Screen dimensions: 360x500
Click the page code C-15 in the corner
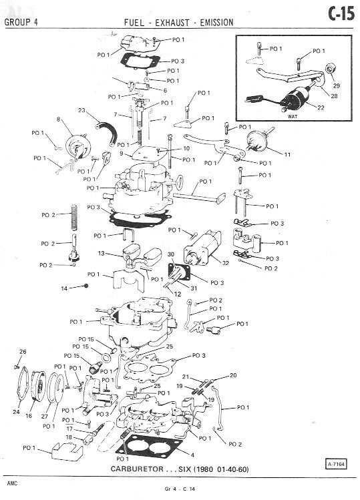[x=341, y=14]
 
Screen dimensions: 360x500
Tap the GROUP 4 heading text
[x=21, y=22]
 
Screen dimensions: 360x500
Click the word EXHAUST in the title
[x=172, y=23]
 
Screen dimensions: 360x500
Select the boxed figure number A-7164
[x=336, y=464]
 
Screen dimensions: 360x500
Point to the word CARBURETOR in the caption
[x=137, y=469]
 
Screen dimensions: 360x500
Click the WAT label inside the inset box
[x=293, y=116]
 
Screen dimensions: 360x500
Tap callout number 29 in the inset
[x=337, y=85]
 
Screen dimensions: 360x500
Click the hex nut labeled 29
[x=329, y=68]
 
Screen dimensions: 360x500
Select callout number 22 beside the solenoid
[x=321, y=107]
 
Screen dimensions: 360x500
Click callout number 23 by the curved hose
[x=81, y=110]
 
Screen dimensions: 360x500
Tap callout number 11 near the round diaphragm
[x=287, y=155]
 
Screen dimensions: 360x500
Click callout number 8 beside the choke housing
[x=58, y=119]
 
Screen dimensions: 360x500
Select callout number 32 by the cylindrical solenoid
[x=226, y=263]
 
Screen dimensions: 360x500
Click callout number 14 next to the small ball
[x=64, y=288]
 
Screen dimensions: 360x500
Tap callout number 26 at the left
[x=23, y=351]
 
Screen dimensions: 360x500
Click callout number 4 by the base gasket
[x=192, y=455]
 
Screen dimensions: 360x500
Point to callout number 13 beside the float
[x=101, y=253]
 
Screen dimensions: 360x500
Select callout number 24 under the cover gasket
[x=16, y=412]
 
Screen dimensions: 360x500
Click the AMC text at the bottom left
[x=12, y=483]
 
